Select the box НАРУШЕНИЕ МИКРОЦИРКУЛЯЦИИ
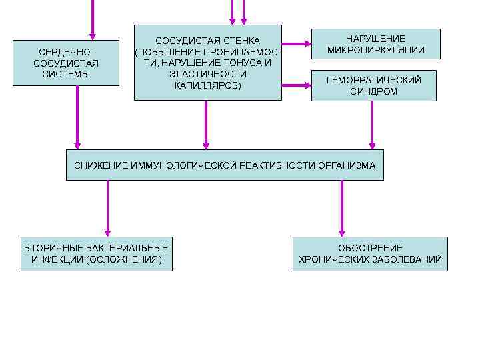375,44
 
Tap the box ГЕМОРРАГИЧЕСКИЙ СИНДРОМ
373,85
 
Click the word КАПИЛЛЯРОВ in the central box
207,85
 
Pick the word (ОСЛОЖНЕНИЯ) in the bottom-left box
124,259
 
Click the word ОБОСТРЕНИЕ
370,247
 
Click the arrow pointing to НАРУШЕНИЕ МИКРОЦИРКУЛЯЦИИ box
296,44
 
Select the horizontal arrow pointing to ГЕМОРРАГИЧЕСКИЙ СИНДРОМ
296,85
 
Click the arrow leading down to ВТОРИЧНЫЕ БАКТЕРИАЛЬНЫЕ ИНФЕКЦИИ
107,207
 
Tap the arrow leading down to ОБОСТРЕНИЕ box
342,207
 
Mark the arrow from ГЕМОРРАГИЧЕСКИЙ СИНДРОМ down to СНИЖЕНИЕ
372,125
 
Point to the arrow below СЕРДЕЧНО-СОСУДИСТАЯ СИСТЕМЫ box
77,117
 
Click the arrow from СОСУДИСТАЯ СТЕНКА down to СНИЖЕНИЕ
206,125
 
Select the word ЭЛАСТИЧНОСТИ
207,74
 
